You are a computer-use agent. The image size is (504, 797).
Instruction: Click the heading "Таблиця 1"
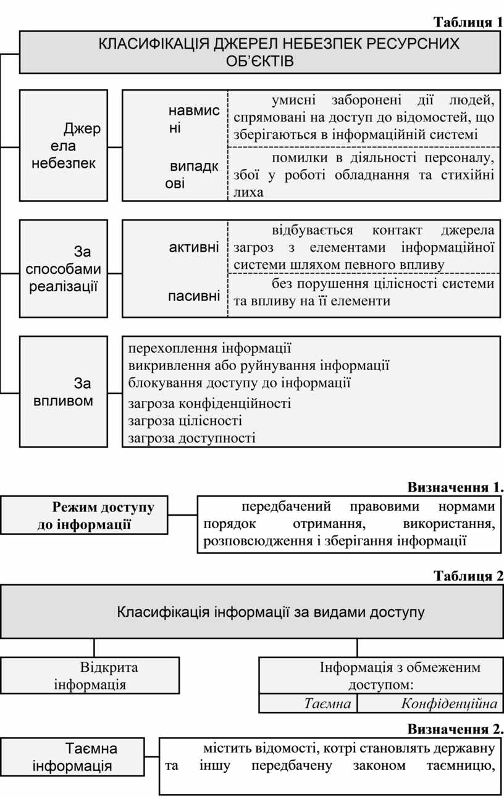(468, 23)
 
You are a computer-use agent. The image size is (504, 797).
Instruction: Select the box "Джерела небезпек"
(64, 145)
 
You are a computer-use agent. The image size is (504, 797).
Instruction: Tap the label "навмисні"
(194, 119)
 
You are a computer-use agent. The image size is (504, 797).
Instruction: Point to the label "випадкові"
(191, 175)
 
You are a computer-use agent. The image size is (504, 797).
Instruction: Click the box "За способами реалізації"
(64, 268)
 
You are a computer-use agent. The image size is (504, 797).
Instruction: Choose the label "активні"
(194, 247)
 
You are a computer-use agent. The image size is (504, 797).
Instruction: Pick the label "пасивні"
(194, 296)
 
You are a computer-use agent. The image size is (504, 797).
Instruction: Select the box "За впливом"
(64, 392)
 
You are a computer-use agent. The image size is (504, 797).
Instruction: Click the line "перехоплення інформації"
(209, 349)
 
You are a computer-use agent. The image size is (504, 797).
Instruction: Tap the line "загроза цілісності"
(185, 421)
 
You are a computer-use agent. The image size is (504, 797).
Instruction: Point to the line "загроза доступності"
(191, 438)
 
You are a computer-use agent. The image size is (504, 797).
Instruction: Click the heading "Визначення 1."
(456, 487)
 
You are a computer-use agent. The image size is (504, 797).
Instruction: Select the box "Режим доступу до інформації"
(84, 515)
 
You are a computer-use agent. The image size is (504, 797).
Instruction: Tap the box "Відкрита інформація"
(90, 675)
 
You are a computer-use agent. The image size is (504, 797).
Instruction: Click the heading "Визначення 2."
(456, 729)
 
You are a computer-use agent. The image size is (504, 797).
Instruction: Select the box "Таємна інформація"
(72, 757)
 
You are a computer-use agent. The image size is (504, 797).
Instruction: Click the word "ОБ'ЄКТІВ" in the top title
(260, 61)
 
